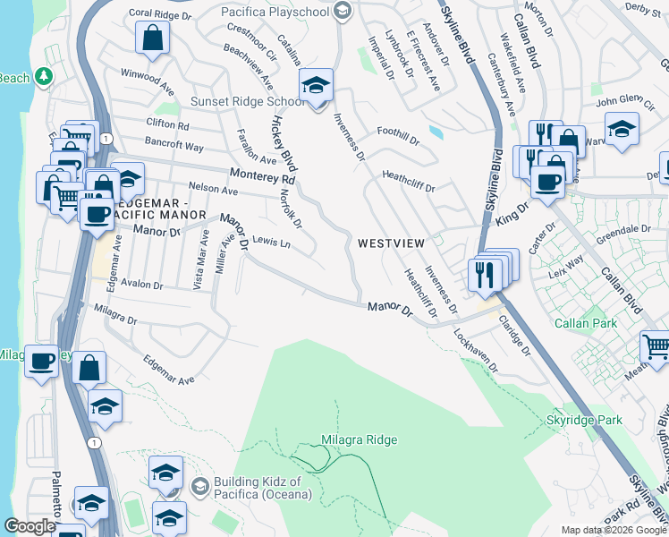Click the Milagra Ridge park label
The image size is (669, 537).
click(x=358, y=439)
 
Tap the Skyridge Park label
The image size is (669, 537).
click(x=583, y=419)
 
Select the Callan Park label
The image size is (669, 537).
click(x=586, y=322)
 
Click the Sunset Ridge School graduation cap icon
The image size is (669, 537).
click(x=315, y=86)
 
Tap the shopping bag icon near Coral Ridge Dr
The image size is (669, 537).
click(x=153, y=38)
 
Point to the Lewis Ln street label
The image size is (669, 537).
click(x=272, y=243)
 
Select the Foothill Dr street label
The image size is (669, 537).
click(x=398, y=135)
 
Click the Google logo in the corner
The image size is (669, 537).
click(x=30, y=526)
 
